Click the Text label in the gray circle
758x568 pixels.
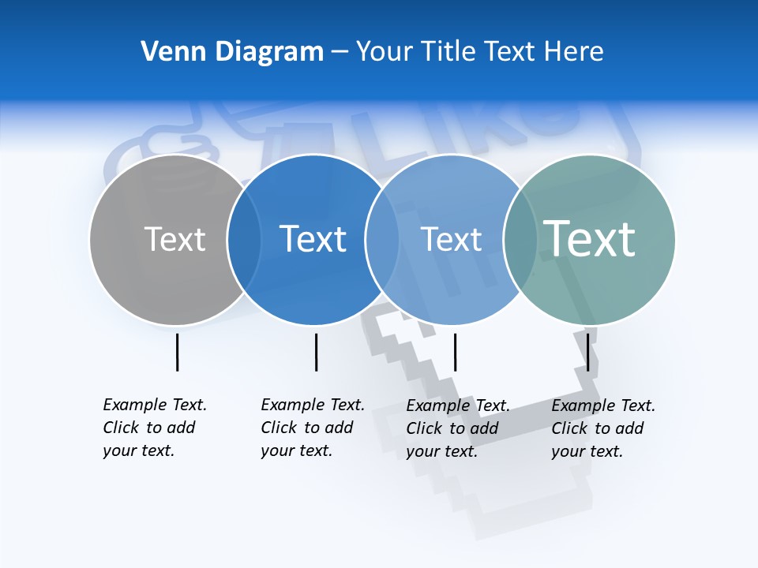174,239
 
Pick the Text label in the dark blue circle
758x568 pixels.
313,239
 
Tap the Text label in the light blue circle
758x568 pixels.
451,239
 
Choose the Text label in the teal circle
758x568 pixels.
590,239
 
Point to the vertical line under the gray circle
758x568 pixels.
177,352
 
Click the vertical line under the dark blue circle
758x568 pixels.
316,352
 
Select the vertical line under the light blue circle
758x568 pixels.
455,352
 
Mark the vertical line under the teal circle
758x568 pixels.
587,352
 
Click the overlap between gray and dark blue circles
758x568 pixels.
244,239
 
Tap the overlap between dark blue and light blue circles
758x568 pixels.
382,239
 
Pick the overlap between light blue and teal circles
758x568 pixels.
520,239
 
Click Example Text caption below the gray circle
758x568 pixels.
154,428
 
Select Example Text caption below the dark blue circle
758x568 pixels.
312,428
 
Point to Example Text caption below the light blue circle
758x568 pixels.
457,428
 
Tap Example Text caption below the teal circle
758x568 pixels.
602,428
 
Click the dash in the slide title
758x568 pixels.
340,52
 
